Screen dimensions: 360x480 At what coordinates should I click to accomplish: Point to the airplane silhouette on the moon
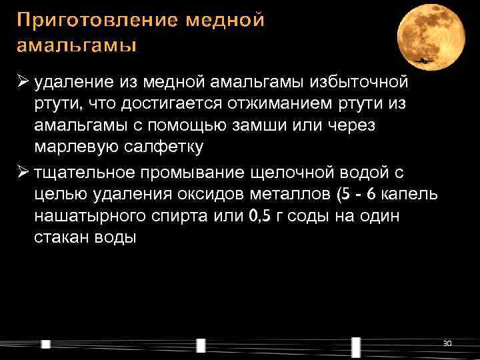[x=424, y=61]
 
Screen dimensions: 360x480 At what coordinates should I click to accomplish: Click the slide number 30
[x=447, y=343]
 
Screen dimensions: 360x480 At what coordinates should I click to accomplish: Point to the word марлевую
[x=71, y=147]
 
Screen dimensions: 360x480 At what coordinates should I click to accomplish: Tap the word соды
[x=313, y=216]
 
